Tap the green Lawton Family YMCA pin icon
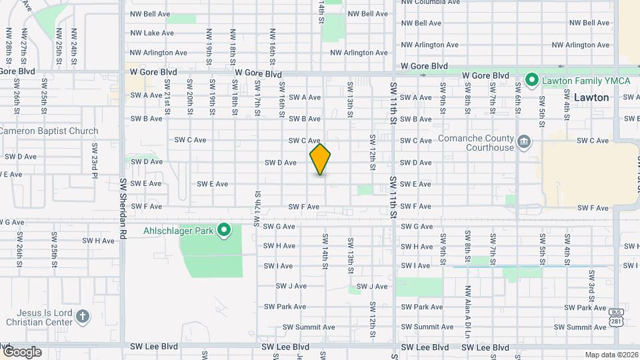coord(531,81)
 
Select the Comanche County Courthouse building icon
coord(525,141)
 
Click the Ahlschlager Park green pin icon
coord(224,231)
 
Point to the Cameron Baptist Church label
coord(48,131)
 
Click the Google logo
coord(21,351)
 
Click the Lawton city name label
coord(591,97)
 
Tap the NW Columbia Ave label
coord(430,2)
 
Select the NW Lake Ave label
coord(152,33)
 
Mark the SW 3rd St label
coord(591,284)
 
